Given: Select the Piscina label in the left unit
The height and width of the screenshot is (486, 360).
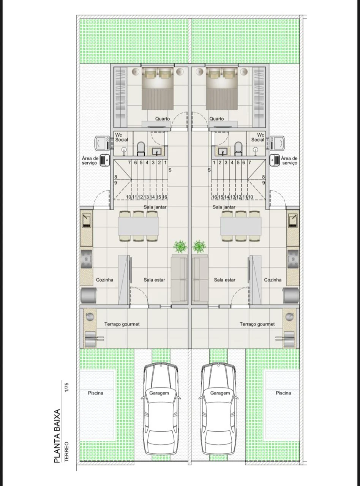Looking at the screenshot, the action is coord(96,393).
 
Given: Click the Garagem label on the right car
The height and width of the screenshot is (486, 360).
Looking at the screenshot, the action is coord(220,393).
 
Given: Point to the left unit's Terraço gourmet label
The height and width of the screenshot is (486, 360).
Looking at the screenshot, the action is coord(122,324).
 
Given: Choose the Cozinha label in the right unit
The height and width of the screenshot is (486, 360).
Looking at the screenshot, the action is coord(273,280).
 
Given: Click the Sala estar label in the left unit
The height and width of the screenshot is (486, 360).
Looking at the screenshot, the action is coord(154,280).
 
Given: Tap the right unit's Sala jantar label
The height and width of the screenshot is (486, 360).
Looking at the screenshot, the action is coord(224,207).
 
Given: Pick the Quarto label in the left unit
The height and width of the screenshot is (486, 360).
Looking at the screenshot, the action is coord(163,119).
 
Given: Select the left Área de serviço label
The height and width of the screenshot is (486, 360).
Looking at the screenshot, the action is coord(90,161).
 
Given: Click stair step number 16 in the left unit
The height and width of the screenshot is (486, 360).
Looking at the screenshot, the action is coord(164,197).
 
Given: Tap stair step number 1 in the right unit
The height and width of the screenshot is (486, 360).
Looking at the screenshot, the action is coord(214,163).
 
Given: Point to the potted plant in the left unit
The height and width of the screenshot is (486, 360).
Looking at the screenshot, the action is coord(181,247).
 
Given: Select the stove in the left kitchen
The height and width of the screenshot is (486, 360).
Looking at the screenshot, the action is coord(86,259).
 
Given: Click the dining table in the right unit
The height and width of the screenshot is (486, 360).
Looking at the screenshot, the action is coord(241,226).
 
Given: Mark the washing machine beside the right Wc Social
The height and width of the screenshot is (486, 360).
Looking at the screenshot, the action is coord(277,143).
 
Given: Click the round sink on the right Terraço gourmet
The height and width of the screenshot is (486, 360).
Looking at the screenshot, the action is coord(290,316).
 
